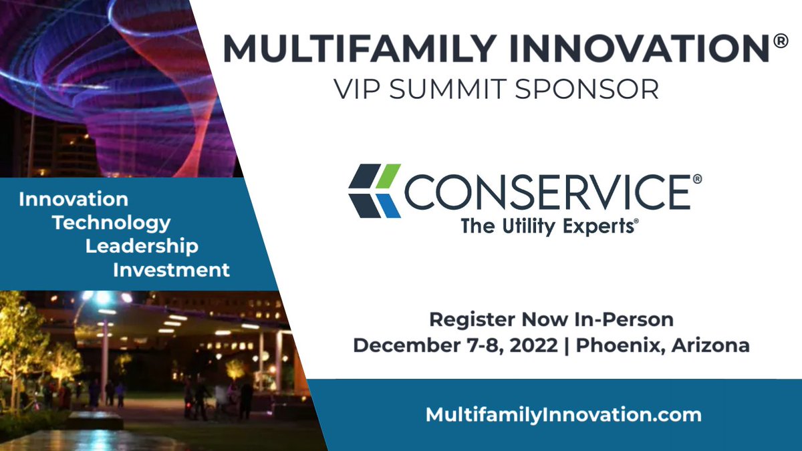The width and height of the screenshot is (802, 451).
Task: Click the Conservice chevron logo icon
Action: pyautogui.click(x=374, y=191)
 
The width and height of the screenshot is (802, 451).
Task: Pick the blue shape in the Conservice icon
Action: pyautogui.click(x=389, y=206)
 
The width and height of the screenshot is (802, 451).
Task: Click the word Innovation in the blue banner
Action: pyautogui.click(x=74, y=199)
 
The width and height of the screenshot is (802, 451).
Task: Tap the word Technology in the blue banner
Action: pyautogui.click(x=112, y=222)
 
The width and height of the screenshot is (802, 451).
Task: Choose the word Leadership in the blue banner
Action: pyautogui.click(x=142, y=246)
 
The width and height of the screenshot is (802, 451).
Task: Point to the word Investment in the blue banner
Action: pyautogui.click(x=171, y=270)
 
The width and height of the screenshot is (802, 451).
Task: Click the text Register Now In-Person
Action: pyautogui.click(x=551, y=319)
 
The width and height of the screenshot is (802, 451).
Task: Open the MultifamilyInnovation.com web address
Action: pyautogui.click(x=563, y=414)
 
